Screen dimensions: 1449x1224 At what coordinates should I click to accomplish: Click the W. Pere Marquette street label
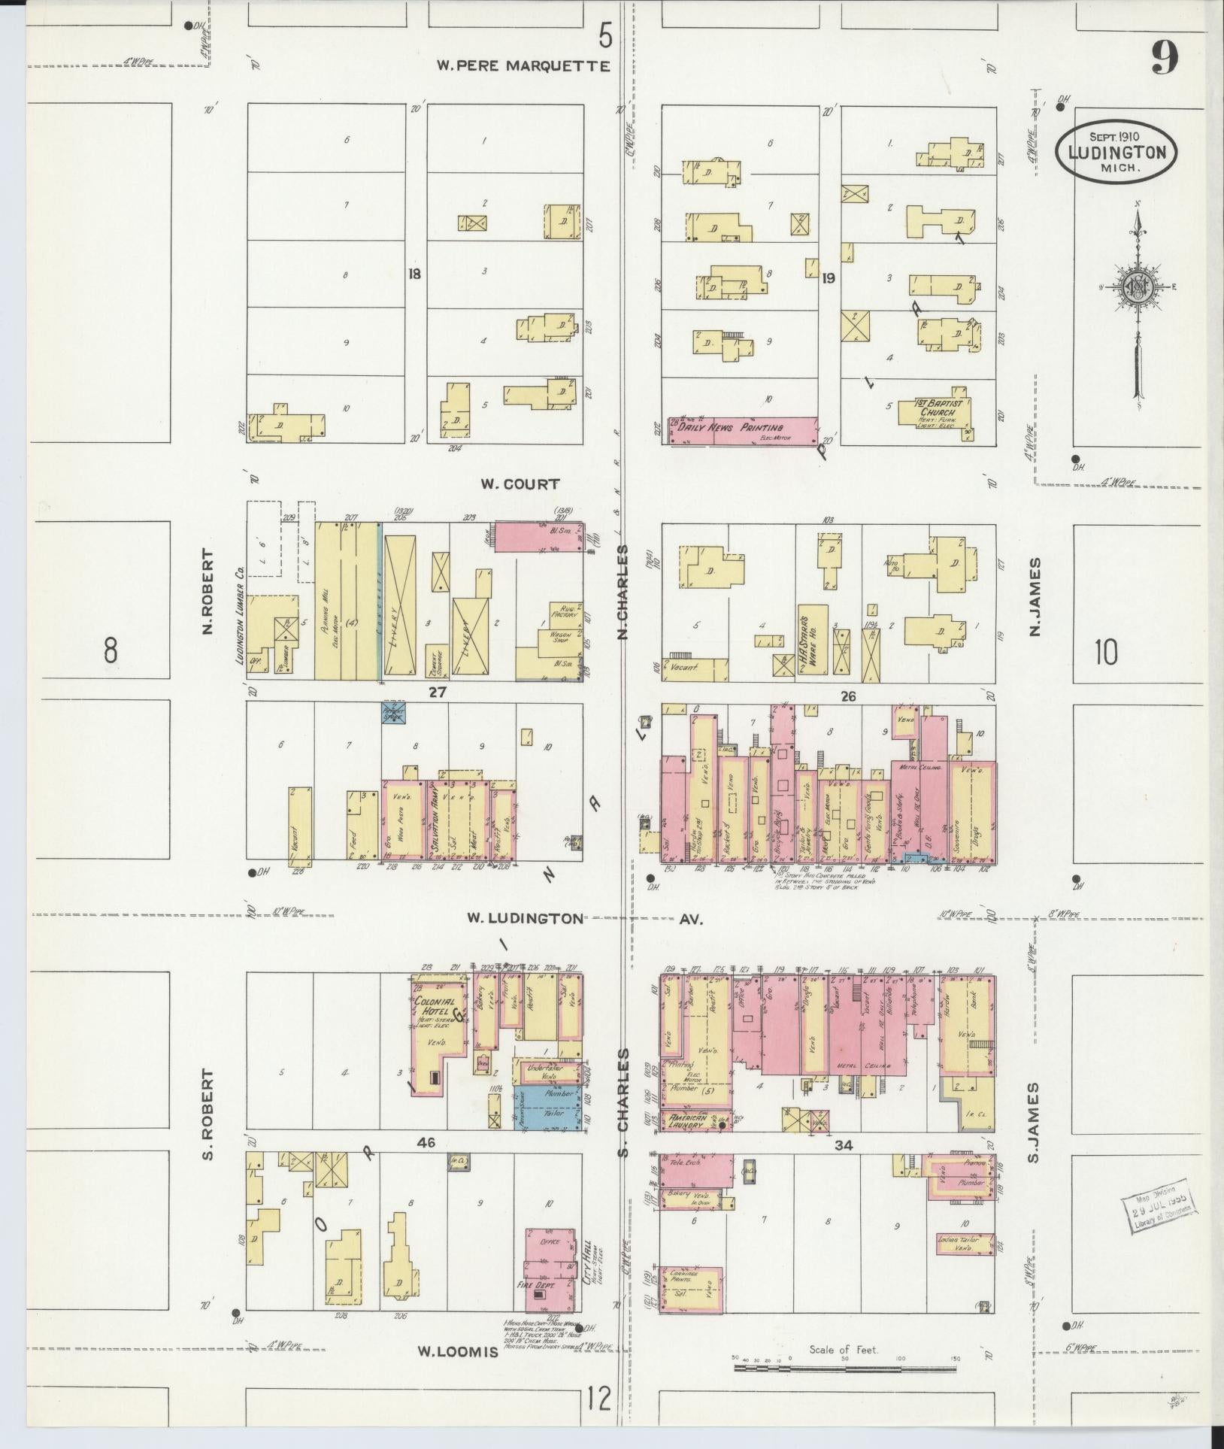coord(524,66)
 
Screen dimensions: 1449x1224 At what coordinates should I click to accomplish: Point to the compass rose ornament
coord(1137,287)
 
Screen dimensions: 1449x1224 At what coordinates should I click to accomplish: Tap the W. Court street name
coord(520,484)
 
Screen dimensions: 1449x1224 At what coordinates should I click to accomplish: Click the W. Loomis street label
coord(458,1351)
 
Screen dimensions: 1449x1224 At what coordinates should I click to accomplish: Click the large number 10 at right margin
coord(1106,653)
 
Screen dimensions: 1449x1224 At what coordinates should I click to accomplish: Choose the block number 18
coord(414,274)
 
